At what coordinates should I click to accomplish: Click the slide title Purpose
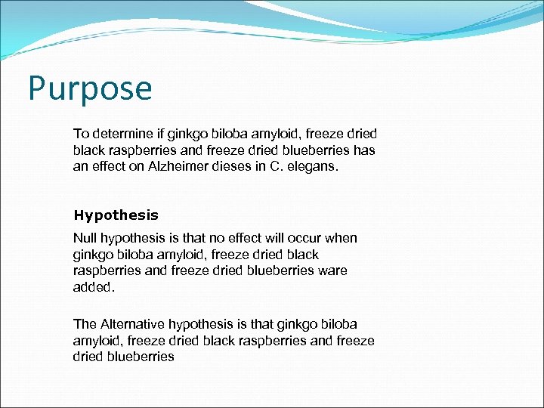(x=90, y=88)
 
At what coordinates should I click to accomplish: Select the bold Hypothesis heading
(x=116, y=215)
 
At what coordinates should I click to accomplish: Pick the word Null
(x=85, y=239)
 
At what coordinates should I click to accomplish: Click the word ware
(x=332, y=271)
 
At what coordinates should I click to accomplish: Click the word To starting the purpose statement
(x=81, y=134)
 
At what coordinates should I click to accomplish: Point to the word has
(x=365, y=150)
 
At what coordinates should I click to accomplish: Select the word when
(x=340, y=239)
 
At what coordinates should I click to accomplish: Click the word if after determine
(x=156, y=134)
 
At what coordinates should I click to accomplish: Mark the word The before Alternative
(x=85, y=324)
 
